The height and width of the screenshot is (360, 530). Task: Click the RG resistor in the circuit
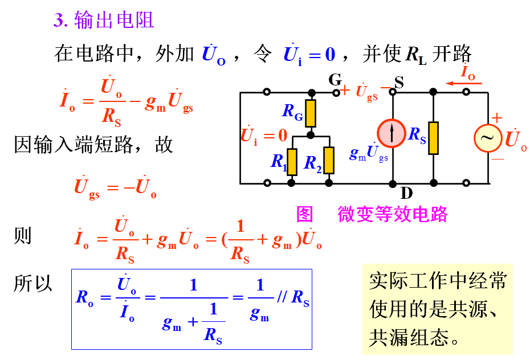tap(311, 113)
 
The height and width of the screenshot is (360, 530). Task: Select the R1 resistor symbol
tap(292, 161)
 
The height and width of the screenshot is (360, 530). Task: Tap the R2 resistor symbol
tap(328, 160)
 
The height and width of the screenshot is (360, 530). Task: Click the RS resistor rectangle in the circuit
tap(434, 138)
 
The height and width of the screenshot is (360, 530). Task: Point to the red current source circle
tap(392, 132)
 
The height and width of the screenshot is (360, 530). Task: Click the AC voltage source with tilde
tap(488, 138)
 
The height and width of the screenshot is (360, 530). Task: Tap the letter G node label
tap(335, 80)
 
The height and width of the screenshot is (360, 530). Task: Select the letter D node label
tap(406, 193)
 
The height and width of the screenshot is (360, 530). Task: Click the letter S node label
tap(399, 83)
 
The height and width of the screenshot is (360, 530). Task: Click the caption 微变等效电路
tap(393, 214)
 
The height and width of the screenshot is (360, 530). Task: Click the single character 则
tap(23, 236)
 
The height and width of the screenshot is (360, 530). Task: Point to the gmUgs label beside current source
tap(368, 153)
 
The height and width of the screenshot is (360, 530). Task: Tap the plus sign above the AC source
tap(497, 118)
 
